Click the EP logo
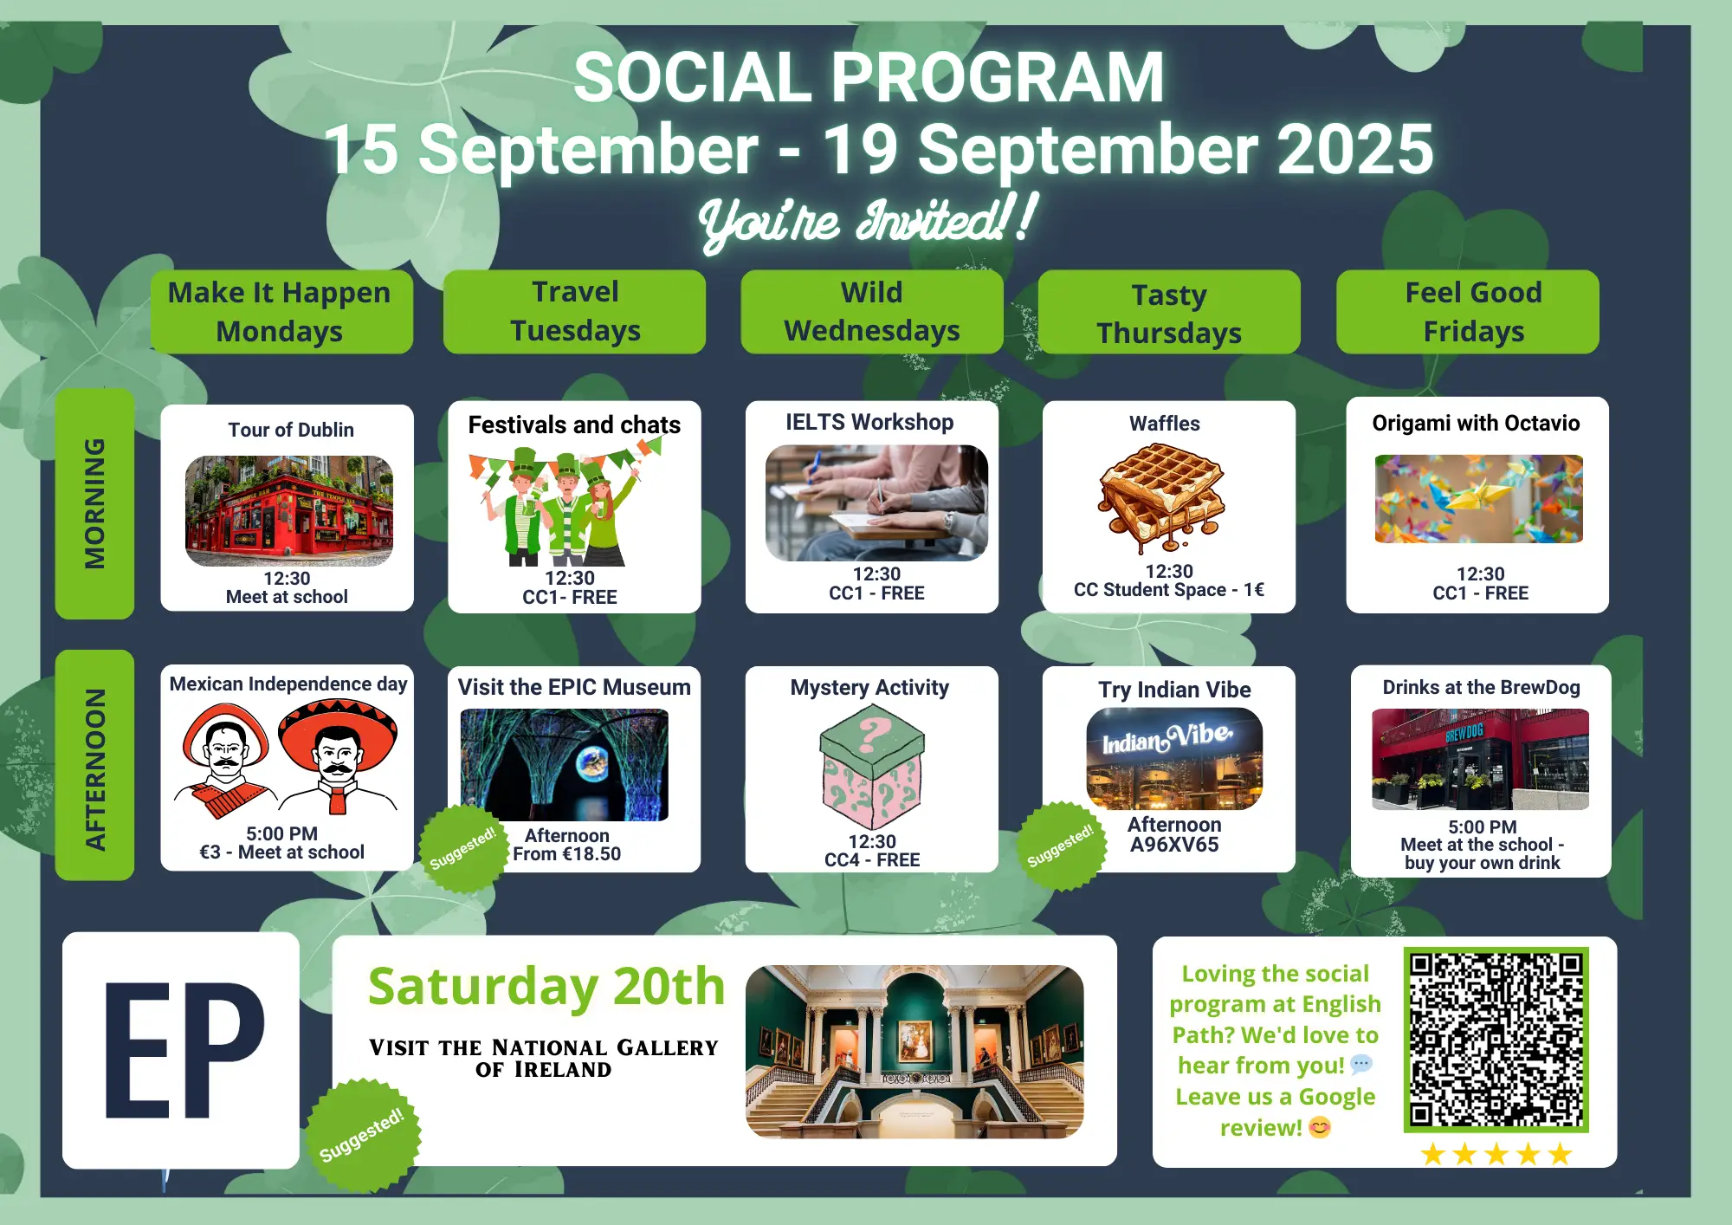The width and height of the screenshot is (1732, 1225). click(182, 1050)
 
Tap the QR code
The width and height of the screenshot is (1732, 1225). click(1496, 1040)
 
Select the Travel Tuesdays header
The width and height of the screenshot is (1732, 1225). click(575, 312)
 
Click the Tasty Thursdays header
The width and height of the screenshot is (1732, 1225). click(1169, 313)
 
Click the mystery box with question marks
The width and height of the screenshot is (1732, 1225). click(872, 767)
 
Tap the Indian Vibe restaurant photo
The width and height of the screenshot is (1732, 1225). click(1174, 759)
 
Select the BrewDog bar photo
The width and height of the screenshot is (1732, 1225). click(1481, 759)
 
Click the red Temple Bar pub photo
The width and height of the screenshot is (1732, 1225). click(289, 511)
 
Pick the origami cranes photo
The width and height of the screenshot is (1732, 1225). click(1479, 499)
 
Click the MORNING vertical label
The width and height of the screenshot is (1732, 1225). click(94, 503)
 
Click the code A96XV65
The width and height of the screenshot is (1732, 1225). click(1174, 845)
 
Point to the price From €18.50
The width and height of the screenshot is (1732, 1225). click(567, 854)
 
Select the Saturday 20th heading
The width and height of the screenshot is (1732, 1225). click(546, 987)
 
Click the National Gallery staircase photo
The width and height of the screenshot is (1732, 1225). click(914, 1052)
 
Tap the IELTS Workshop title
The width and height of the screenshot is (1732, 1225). click(869, 422)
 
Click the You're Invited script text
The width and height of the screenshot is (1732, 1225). click(867, 222)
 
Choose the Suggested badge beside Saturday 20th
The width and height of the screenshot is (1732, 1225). click(362, 1135)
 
